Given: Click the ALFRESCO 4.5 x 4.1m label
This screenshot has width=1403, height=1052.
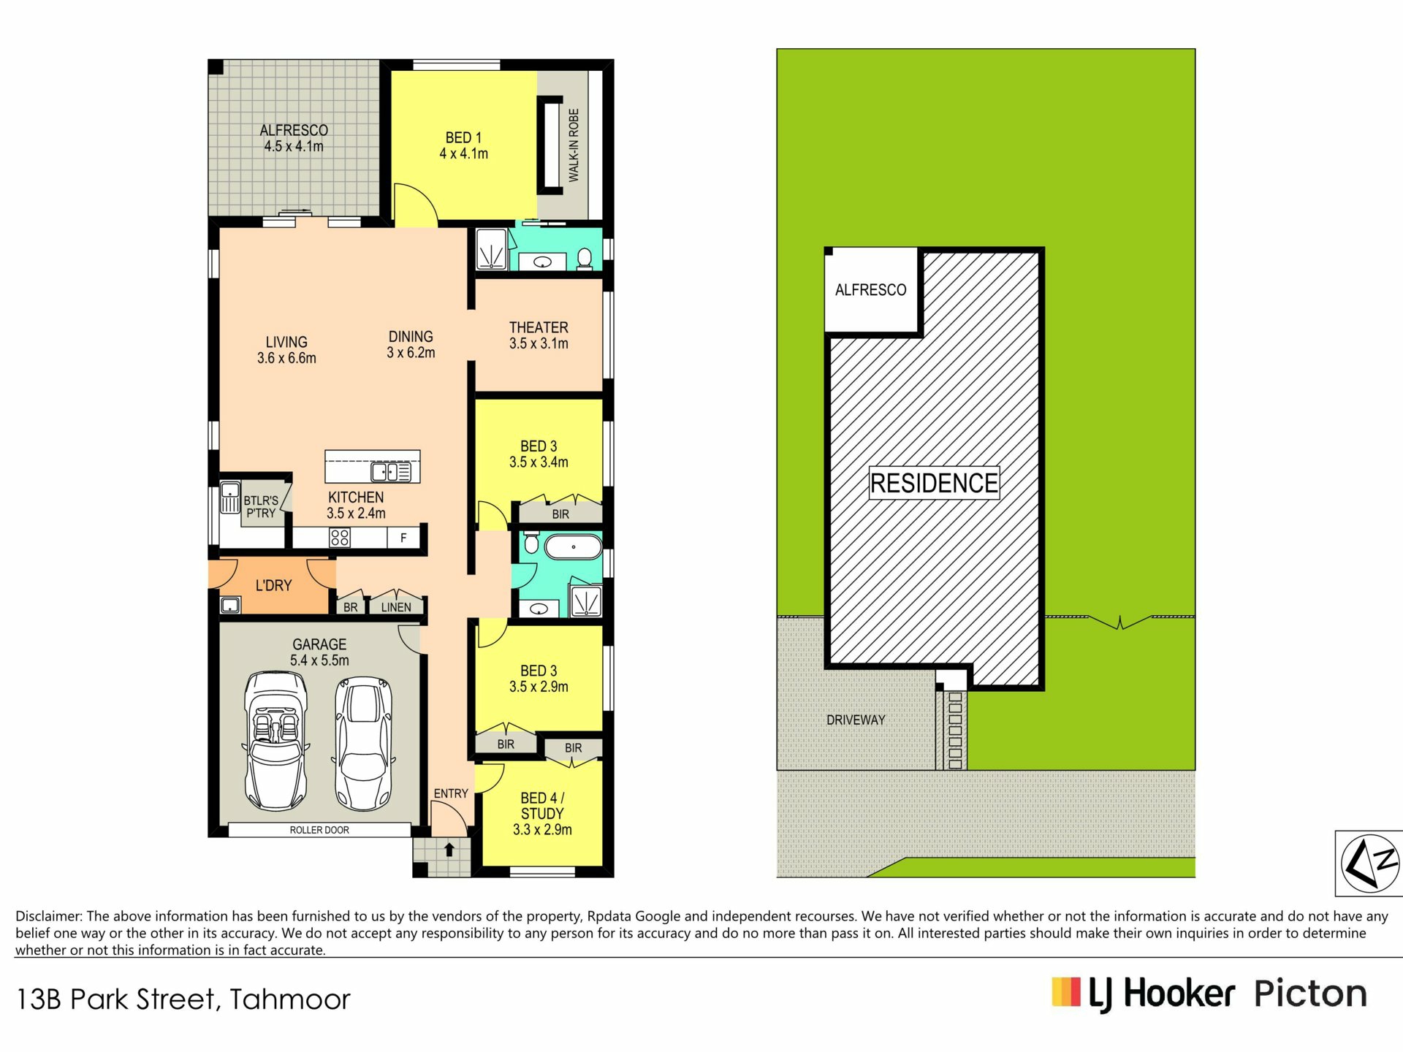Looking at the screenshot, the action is pyautogui.click(x=294, y=138).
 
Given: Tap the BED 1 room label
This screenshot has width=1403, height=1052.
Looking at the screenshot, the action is pyautogui.click(x=463, y=145).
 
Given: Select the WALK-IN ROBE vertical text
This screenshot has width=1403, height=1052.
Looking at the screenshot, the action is pyautogui.click(x=574, y=145).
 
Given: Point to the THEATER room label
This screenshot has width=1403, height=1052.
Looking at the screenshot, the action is pyautogui.click(x=539, y=335).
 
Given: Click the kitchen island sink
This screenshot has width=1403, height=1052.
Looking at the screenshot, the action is pyautogui.click(x=390, y=472).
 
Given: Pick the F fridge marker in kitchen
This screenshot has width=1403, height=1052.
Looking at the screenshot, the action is pyautogui.click(x=403, y=538).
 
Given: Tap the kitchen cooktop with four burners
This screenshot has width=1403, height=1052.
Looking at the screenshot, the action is pyautogui.click(x=340, y=538).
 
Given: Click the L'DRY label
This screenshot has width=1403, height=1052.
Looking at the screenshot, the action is pyautogui.click(x=273, y=585).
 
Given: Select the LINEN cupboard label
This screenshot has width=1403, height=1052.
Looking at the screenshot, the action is pyautogui.click(x=396, y=607).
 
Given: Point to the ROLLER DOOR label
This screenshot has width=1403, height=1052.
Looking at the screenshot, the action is pyautogui.click(x=319, y=830).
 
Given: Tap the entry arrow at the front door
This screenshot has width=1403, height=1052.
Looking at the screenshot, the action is pyautogui.click(x=449, y=849).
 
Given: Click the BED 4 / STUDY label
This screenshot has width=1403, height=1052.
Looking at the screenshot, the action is pyautogui.click(x=542, y=814).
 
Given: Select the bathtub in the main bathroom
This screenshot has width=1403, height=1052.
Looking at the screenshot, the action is pyautogui.click(x=574, y=546).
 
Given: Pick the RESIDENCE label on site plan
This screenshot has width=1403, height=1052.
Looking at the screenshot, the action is pyautogui.click(x=934, y=483).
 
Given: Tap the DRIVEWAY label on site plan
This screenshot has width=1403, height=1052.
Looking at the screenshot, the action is pyautogui.click(x=856, y=720).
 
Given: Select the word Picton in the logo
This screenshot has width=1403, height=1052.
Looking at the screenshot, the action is pyautogui.click(x=1310, y=994).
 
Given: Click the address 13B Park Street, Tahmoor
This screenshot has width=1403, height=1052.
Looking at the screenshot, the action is pyautogui.click(x=183, y=999).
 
